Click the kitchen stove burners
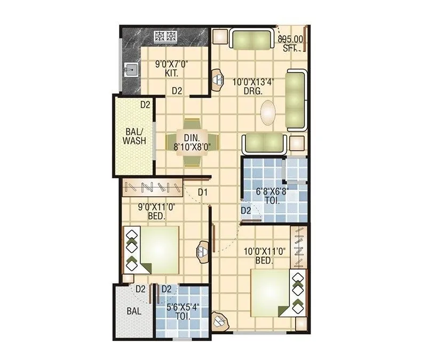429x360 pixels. point(165,36)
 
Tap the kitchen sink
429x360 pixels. point(129,69)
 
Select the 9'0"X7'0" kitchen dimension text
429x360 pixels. point(171,65)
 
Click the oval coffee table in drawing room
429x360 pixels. point(269,113)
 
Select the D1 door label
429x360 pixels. point(203,191)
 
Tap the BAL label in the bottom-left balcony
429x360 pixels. point(134,311)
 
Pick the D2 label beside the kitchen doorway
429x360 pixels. point(177,91)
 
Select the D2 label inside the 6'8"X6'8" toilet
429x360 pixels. point(245,211)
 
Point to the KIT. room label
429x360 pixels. point(171,74)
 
